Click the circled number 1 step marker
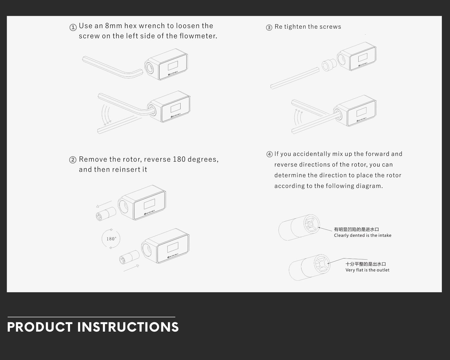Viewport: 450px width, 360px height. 73,27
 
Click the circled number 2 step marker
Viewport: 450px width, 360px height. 73,160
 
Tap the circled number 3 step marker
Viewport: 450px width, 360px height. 269,27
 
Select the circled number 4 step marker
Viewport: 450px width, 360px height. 269,154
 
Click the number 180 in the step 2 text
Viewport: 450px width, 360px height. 179,159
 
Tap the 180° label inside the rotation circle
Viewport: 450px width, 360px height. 111,239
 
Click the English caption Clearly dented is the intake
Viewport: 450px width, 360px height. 363,235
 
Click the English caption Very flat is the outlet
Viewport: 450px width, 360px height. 367,270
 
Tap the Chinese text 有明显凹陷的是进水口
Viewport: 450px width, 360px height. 356,229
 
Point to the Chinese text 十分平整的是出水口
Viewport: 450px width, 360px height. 366,264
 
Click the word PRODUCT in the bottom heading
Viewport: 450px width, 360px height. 40,327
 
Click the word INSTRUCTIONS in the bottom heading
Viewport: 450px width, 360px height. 128,327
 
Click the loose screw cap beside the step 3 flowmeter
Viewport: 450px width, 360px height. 329,65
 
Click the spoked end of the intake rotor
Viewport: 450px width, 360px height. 311,224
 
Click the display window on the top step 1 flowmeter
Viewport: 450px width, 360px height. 173,66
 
